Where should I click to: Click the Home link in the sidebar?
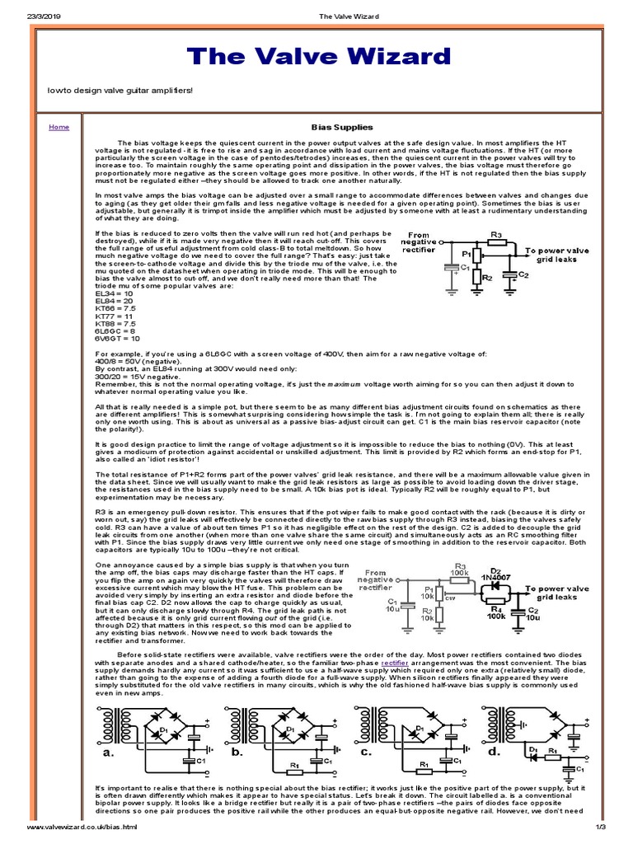click(x=59, y=128)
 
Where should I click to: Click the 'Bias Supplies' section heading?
click(x=341, y=128)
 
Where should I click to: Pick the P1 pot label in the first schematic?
click(x=466, y=255)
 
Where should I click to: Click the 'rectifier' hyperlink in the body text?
click(x=395, y=662)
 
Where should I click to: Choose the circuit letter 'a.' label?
click(x=107, y=753)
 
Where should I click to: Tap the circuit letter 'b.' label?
click(x=237, y=753)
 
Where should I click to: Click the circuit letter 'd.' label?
click(x=494, y=753)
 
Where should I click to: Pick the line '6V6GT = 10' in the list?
click(x=118, y=338)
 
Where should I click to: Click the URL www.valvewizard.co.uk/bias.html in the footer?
click(x=81, y=827)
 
